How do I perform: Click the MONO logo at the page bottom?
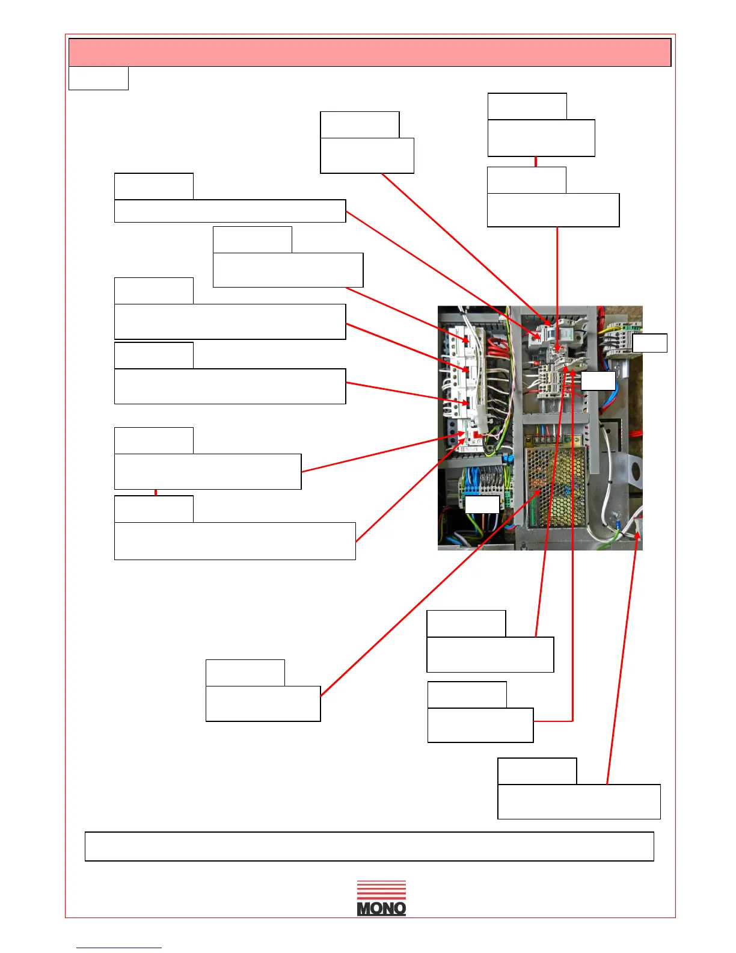click(x=381, y=899)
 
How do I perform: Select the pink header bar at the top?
click(x=370, y=52)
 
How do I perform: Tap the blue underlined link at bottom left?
click(x=119, y=948)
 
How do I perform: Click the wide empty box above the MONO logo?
click(x=369, y=847)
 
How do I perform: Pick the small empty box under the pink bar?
click(x=99, y=78)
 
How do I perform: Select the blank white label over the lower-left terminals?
click(x=482, y=505)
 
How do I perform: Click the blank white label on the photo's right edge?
click(x=649, y=343)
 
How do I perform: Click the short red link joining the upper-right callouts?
click(x=535, y=162)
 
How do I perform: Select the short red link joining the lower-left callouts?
click(x=156, y=492)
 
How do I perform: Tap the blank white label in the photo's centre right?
click(x=598, y=381)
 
